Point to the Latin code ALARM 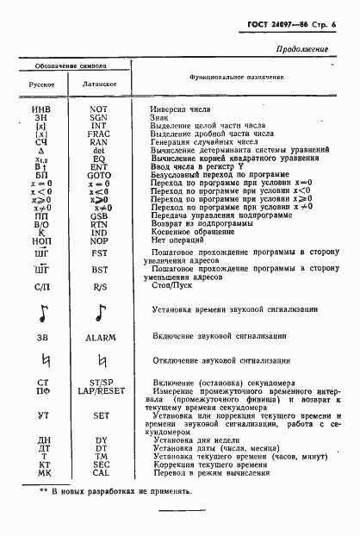coord(101,337)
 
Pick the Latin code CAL coord(101,472)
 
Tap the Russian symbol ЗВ coord(40,337)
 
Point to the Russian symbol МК coord(40,472)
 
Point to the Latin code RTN coord(100,223)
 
